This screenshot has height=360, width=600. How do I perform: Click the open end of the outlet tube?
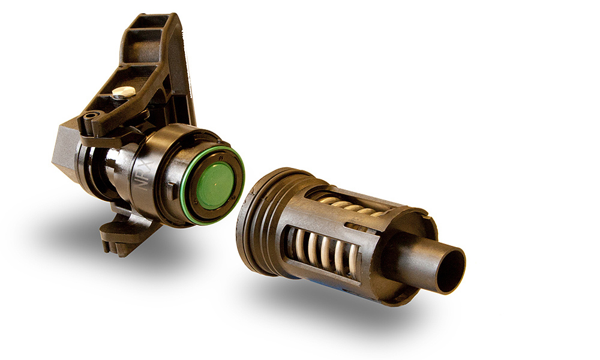pos(451,270)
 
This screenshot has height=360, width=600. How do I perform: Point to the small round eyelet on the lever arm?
pos(91,115)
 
